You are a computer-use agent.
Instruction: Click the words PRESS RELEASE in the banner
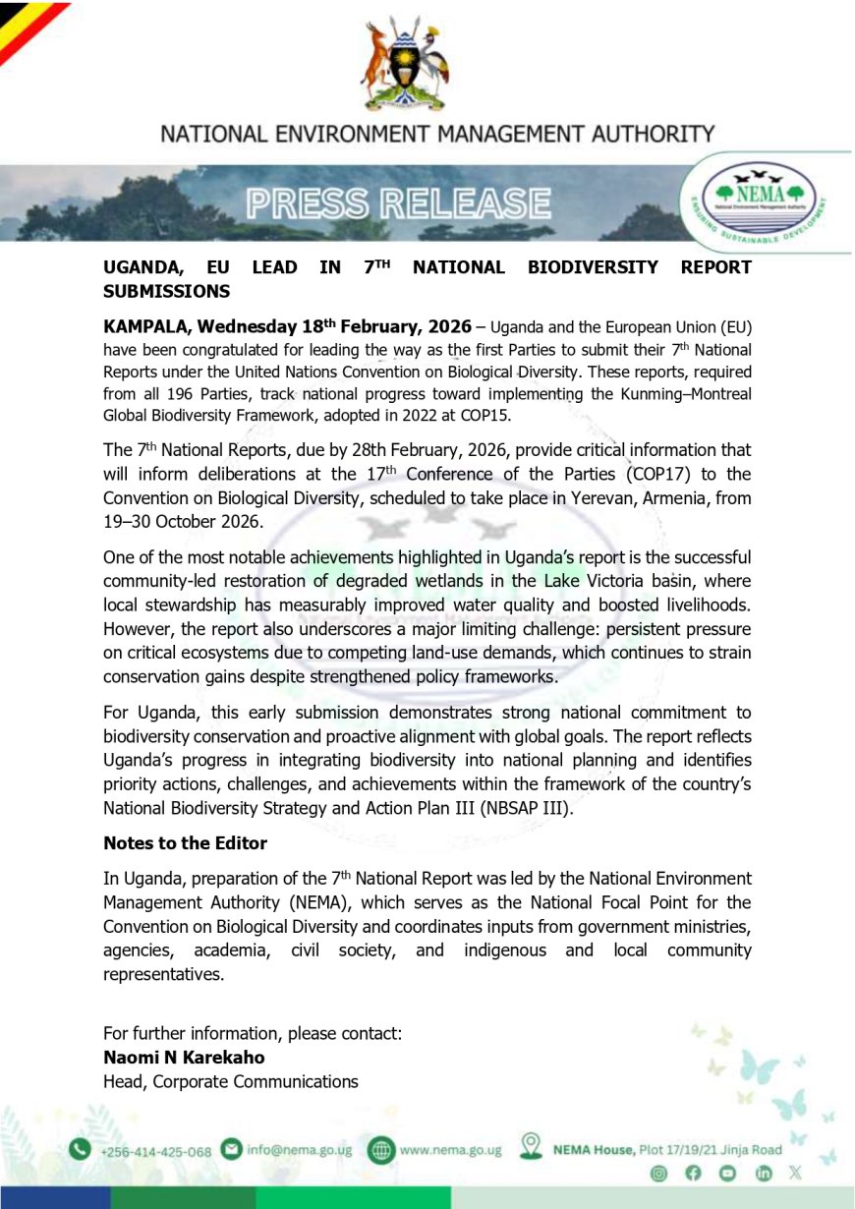click(x=398, y=203)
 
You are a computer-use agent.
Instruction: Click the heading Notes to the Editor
click(x=185, y=843)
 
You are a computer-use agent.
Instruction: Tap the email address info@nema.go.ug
click(x=299, y=1149)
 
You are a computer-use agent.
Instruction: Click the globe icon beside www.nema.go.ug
click(x=381, y=1149)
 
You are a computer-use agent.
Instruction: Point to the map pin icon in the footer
click(x=532, y=1146)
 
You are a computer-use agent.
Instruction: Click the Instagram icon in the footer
click(x=659, y=1173)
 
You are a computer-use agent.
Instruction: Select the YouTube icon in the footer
click(x=727, y=1173)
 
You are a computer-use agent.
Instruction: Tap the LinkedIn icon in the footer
click(x=763, y=1173)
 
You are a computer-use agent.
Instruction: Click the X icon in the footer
click(x=795, y=1173)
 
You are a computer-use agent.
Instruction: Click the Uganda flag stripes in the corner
click(x=25, y=25)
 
